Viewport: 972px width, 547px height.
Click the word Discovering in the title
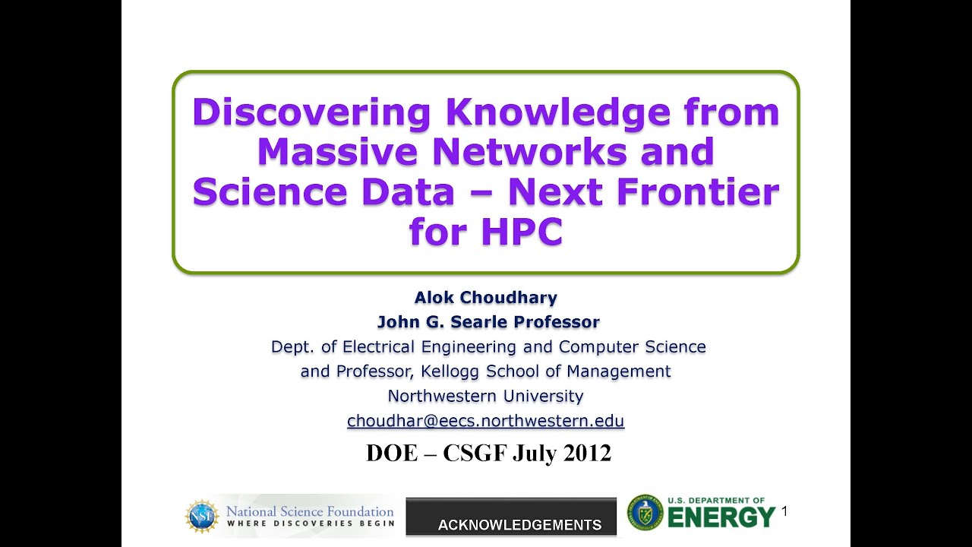click(311, 112)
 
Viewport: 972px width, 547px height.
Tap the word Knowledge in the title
click(557, 112)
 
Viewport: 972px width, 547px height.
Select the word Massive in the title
click(338, 152)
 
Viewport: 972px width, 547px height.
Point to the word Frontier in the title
click(698, 191)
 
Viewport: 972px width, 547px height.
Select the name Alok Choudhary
click(486, 297)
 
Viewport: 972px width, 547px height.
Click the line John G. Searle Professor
click(488, 322)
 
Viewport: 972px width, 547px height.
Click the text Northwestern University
click(486, 396)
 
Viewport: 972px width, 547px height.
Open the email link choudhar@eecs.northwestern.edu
click(486, 421)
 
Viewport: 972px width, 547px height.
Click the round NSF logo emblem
click(202, 516)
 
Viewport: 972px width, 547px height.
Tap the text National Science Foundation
click(310, 511)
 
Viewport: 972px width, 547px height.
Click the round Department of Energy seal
click(645, 513)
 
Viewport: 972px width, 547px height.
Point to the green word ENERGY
click(721, 518)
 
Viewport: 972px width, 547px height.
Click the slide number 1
click(784, 512)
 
